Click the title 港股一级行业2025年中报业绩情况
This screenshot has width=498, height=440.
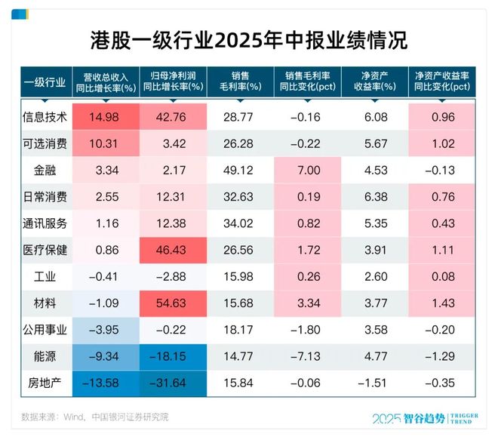point(248,40)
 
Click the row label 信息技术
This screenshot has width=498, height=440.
point(45,117)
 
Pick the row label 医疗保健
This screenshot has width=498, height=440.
point(45,251)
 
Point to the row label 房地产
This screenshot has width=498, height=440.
point(45,382)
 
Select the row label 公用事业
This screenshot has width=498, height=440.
point(45,329)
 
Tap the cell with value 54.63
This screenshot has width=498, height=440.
point(173,303)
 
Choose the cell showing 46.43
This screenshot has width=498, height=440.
point(173,251)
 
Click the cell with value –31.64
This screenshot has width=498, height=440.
point(173,382)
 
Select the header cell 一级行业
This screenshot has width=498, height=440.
point(45,81)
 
